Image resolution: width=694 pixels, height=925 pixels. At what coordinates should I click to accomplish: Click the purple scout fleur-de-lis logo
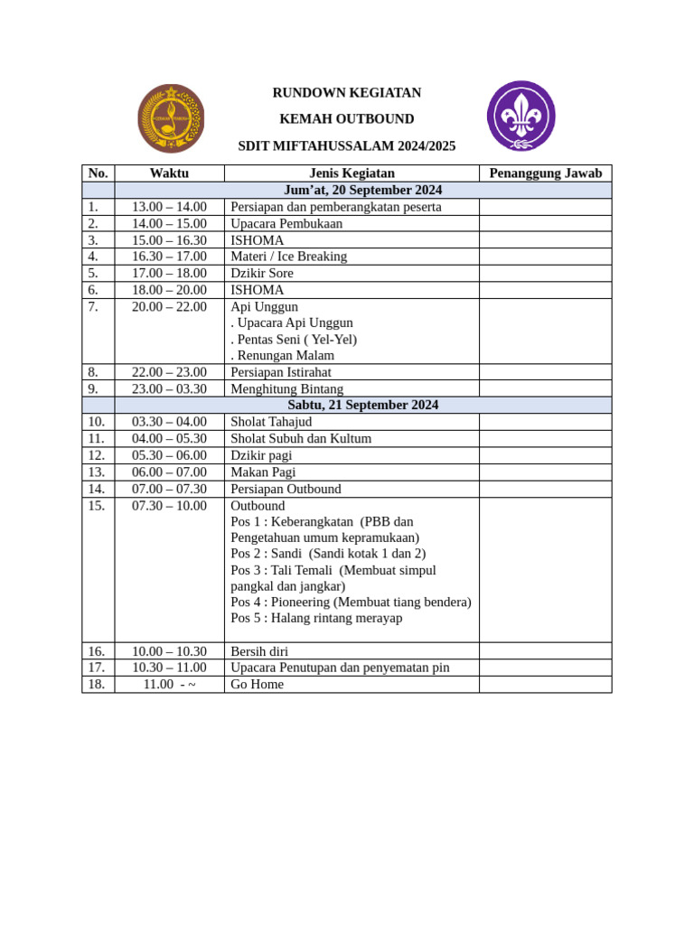(x=520, y=117)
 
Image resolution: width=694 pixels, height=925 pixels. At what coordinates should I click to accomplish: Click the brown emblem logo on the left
(x=171, y=118)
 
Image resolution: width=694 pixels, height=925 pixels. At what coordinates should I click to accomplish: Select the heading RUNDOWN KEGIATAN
(x=347, y=93)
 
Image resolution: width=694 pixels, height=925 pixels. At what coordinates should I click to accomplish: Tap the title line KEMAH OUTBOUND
(x=347, y=119)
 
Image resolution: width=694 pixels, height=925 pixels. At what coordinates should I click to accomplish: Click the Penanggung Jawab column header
(x=545, y=173)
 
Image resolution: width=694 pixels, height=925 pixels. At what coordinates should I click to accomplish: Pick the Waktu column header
(x=169, y=173)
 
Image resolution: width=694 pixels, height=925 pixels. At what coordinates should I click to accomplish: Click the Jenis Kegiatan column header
(x=352, y=173)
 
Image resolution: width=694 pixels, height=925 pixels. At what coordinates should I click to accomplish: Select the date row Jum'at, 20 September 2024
(x=362, y=190)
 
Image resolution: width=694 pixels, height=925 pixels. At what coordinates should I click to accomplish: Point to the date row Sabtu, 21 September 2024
(x=362, y=405)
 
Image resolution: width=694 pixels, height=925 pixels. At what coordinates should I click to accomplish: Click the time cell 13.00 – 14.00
(x=169, y=207)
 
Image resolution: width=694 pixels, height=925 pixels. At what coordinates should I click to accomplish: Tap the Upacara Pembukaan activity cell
(x=286, y=223)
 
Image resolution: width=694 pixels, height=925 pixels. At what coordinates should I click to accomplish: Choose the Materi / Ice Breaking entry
(x=288, y=257)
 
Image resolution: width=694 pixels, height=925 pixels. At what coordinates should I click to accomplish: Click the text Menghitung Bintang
(x=286, y=388)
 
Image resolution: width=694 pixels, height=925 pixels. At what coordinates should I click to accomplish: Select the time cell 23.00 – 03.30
(x=169, y=388)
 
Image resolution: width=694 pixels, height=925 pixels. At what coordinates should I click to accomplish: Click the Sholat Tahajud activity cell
(x=271, y=422)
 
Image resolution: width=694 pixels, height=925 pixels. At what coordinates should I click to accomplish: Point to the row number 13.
(x=97, y=472)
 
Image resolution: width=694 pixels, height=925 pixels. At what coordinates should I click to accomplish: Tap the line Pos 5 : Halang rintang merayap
(x=316, y=618)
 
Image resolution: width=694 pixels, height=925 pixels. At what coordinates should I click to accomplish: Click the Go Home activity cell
(x=257, y=685)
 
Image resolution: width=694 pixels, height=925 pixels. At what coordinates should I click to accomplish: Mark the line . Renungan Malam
(x=282, y=355)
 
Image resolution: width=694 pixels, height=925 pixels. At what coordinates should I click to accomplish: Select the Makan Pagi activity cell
(x=263, y=472)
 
